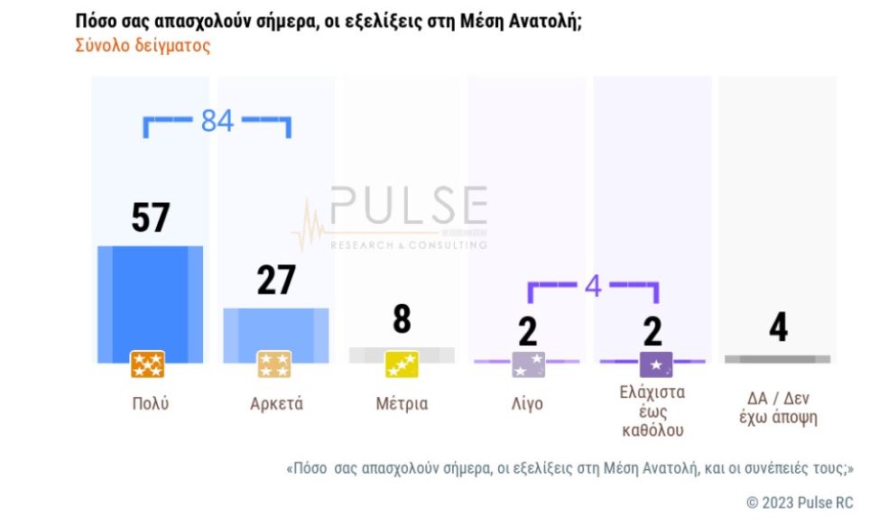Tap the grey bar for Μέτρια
[x=402, y=354]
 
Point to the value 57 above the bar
[x=151, y=218]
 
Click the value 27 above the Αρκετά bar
[x=275, y=281]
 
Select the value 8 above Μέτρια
[x=402, y=319]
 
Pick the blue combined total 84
[x=217, y=120]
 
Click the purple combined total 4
[x=593, y=286]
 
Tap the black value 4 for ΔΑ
[x=778, y=328]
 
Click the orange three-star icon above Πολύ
[x=147, y=365]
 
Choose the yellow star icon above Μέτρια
[x=402, y=365]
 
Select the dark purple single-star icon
[x=655, y=365]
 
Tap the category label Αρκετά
[x=276, y=404]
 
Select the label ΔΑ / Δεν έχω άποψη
[x=777, y=409]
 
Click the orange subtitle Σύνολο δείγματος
[x=143, y=45]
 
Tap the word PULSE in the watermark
[x=409, y=207]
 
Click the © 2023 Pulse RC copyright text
[x=800, y=503]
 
